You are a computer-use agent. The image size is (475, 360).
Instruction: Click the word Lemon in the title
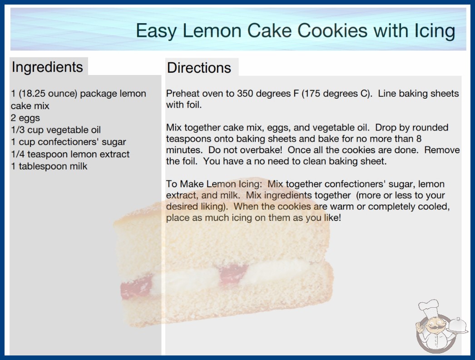[x=212, y=30]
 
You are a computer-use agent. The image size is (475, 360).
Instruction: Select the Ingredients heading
[x=47, y=67]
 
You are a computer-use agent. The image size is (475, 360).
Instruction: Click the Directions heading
[x=199, y=68]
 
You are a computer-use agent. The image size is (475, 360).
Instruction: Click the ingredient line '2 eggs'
[x=25, y=118]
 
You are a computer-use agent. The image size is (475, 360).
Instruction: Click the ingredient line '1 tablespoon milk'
[x=49, y=166]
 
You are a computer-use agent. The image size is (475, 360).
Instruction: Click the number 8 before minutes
[x=419, y=139]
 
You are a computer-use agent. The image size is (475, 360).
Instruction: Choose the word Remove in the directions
[x=442, y=150]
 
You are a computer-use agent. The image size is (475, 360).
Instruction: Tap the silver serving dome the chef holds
[x=457, y=326]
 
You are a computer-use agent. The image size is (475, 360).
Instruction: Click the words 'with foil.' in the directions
[x=184, y=105]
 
